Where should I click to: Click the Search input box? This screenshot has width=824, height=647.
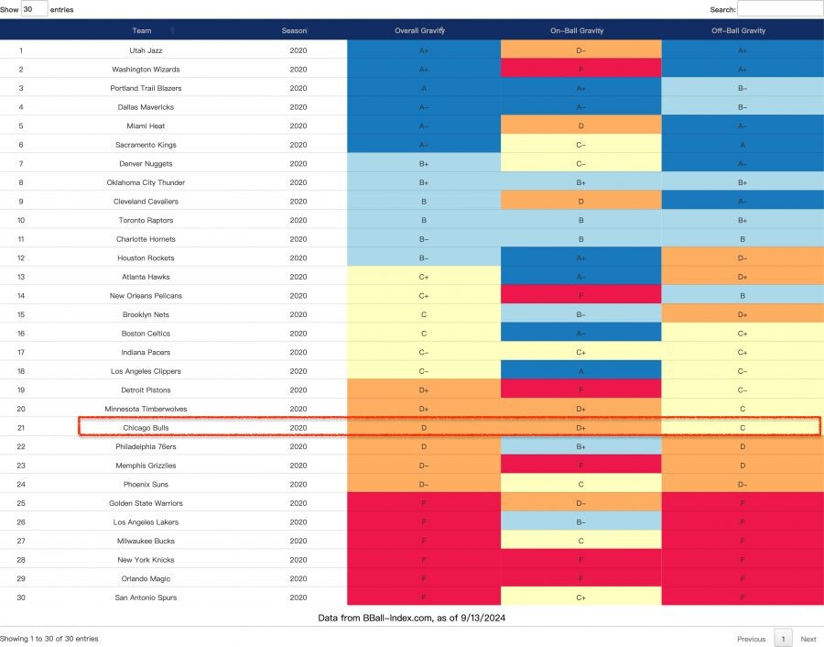pyautogui.click(x=779, y=9)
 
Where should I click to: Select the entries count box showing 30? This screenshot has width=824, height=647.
pyautogui.click(x=34, y=9)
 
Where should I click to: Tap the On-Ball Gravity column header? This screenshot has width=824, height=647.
pyautogui.click(x=580, y=30)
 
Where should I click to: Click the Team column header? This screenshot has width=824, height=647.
pyautogui.click(x=142, y=30)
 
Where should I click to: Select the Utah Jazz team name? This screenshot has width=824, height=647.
pyautogui.click(x=146, y=50)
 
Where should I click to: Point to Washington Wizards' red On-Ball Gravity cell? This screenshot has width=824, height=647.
pyautogui.click(x=580, y=70)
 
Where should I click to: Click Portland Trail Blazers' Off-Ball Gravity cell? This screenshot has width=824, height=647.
pyautogui.click(x=742, y=88)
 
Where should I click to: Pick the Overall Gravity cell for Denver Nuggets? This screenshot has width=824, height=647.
pyautogui.click(x=423, y=163)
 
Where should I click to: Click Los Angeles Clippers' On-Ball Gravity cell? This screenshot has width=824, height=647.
pyautogui.click(x=580, y=371)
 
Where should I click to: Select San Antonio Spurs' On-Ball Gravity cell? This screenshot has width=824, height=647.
pyautogui.click(x=580, y=598)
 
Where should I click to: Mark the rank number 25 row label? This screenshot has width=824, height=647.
pyautogui.click(x=21, y=503)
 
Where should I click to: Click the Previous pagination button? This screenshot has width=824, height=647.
pyautogui.click(x=751, y=639)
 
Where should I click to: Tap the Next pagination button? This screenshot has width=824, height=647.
pyautogui.click(x=808, y=639)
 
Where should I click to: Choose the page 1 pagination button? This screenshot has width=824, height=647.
pyautogui.click(x=783, y=639)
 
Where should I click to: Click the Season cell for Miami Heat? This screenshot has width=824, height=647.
pyautogui.click(x=298, y=126)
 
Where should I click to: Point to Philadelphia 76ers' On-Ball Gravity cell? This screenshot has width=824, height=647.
pyautogui.click(x=580, y=446)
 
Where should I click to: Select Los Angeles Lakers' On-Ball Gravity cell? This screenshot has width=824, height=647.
pyautogui.click(x=580, y=522)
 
